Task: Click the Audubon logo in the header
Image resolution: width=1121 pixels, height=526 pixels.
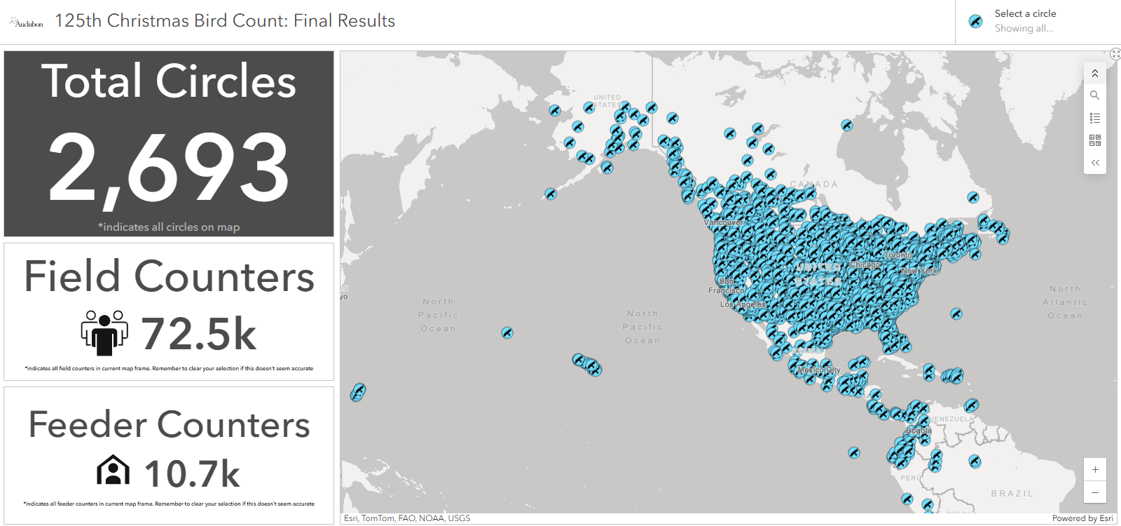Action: click(26, 22)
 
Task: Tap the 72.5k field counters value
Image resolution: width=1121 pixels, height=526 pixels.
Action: click(199, 333)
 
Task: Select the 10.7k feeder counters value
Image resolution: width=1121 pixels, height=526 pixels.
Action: click(192, 473)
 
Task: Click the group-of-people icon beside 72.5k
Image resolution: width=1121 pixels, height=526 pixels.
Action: click(104, 332)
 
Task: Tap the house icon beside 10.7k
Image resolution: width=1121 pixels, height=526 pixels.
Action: click(113, 471)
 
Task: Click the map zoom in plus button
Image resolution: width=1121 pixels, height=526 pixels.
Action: click(1095, 470)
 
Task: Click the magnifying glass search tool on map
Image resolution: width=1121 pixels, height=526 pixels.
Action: click(1095, 95)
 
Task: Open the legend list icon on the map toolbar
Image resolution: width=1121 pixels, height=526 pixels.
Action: click(1095, 119)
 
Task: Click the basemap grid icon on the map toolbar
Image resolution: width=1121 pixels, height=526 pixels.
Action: click(1095, 141)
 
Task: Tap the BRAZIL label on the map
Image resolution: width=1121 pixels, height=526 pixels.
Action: click(1012, 494)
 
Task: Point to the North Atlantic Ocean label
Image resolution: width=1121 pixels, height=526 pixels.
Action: click(1065, 302)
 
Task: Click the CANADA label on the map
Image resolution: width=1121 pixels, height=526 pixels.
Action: click(814, 184)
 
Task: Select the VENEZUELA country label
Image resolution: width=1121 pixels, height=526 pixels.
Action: click(951, 419)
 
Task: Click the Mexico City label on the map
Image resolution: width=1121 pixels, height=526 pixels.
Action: click(818, 370)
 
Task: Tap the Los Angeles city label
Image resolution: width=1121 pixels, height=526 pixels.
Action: click(743, 304)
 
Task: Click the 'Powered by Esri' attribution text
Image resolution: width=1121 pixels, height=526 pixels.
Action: click(1082, 518)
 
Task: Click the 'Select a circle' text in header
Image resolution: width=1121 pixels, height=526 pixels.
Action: click(1025, 13)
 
